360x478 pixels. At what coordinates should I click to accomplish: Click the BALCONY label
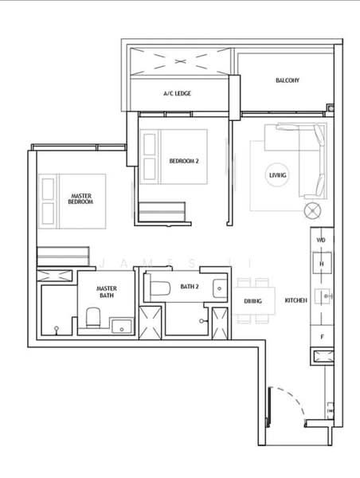(287, 80)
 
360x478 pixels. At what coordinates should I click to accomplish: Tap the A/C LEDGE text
(177, 93)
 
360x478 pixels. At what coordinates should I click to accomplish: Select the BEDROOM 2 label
(184, 161)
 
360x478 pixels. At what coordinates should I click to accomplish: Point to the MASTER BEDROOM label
(81, 198)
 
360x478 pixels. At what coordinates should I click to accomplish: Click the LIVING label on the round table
(277, 174)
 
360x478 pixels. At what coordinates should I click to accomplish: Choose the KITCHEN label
(296, 300)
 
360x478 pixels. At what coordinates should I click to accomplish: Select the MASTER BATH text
(107, 292)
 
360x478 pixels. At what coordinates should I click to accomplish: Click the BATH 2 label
(190, 285)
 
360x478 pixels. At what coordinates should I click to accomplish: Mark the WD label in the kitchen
(321, 239)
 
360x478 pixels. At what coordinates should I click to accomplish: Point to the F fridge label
(321, 337)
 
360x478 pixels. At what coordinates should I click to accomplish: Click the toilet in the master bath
(92, 319)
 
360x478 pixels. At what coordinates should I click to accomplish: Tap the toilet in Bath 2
(157, 288)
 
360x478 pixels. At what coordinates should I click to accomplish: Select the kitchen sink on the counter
(323, 297)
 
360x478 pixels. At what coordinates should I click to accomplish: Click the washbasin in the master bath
(123, 326)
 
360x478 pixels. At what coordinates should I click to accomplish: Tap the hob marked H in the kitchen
(322, 262)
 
